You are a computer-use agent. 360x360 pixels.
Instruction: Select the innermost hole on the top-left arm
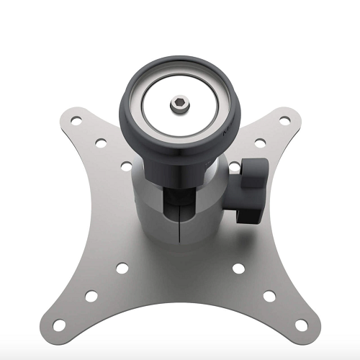click(126, 166)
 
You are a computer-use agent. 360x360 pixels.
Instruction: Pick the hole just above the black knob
click(235, 168)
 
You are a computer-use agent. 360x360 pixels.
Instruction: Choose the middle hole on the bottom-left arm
click(91, 296)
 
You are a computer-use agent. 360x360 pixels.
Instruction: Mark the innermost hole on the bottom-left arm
click(122, 269)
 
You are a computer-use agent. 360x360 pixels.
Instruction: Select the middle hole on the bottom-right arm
click(269, 295)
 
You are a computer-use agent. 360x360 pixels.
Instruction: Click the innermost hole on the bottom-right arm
click(238, 269)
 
